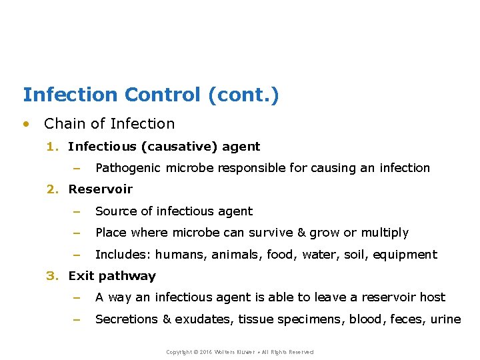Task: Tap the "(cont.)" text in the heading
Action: (x=243, y=95)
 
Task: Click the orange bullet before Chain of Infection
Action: (x=26, y=123)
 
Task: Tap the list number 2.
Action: (x=52, y=189)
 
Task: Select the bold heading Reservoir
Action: (x=101, y=189)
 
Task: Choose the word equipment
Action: (x=405, y=255)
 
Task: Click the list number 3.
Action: (x=52, y=276)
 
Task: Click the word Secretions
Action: (x=127, y=319)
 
